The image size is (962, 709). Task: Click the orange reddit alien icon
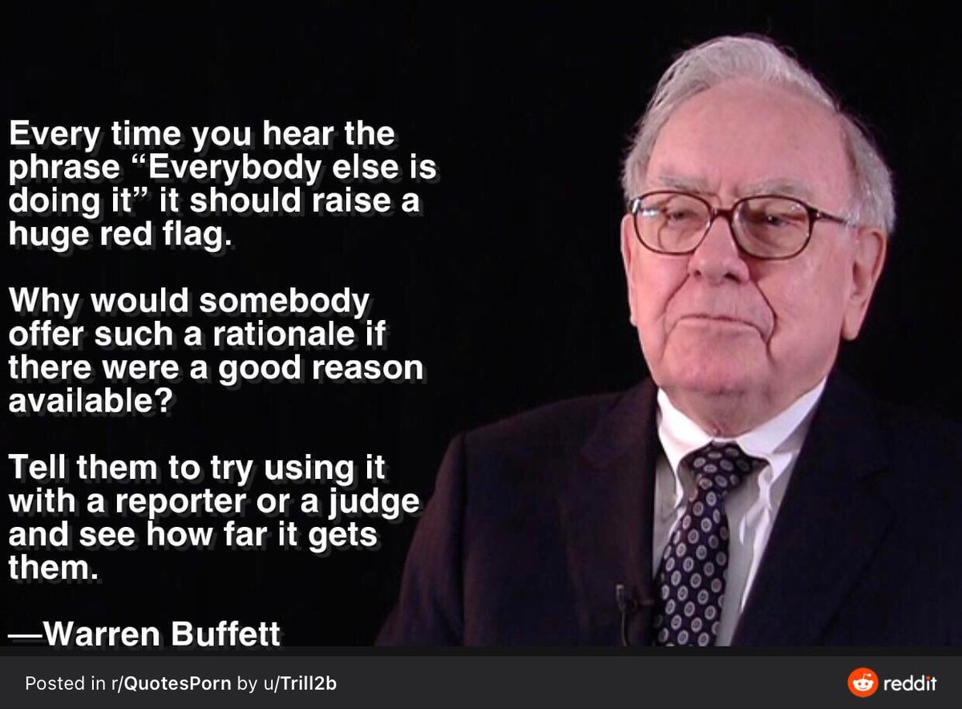[x=862, y=683]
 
